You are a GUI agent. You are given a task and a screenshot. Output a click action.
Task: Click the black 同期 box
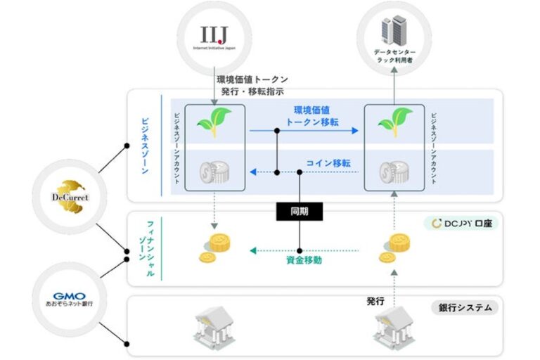299,210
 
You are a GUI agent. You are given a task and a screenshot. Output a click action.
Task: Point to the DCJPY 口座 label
462,223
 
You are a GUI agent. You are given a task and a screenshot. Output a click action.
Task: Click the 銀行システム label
465,307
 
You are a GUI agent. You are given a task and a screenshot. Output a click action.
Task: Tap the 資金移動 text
304,260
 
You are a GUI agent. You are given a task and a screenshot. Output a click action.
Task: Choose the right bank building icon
393,328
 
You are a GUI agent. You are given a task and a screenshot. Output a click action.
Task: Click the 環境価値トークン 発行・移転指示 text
252,86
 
